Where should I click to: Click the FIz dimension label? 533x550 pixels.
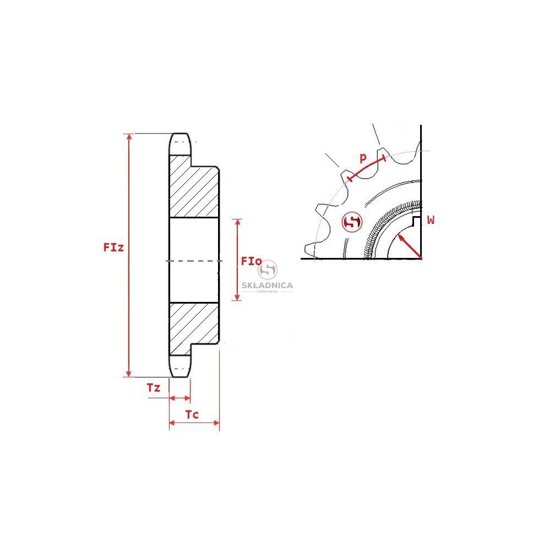[113, 248]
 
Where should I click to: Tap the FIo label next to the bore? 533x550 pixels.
[251, 261]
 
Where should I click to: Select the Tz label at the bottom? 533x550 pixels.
[154, 388]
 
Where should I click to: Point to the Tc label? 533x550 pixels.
[192, 414]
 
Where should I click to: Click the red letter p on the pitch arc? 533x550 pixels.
[363, 157]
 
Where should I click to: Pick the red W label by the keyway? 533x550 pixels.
[431, 220]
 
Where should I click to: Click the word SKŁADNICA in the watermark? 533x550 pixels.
[267, 285]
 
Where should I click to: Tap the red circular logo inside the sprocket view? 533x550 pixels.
[352, 222]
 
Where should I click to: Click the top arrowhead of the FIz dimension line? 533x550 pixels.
[129, 137]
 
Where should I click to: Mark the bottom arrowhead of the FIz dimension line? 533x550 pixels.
[129, 373]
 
